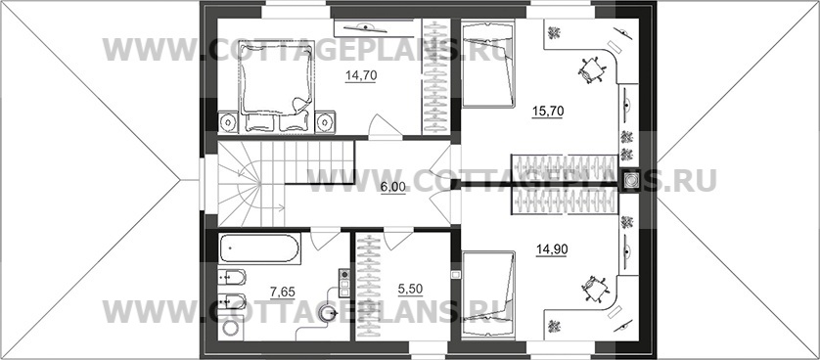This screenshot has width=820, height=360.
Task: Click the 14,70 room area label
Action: (361, 75)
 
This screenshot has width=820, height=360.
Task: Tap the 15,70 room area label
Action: (548, 112)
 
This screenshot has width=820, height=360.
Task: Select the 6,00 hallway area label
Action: (393, 187)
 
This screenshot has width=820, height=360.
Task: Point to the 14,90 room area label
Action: (552, 248)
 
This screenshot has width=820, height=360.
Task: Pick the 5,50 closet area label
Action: (410, 289)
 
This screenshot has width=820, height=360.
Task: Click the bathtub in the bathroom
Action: (259, 248)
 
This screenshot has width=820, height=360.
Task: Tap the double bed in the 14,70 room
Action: (277, 86)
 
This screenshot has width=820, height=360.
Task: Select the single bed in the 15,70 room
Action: (487, 64)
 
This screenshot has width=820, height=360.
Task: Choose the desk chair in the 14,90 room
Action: (595, 289)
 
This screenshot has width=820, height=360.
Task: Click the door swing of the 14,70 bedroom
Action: (386, 127)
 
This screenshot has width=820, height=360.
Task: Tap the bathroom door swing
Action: (325, 240)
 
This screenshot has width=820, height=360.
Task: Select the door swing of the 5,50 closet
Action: (398, 240)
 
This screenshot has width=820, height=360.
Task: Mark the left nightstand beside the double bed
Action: (227, 122)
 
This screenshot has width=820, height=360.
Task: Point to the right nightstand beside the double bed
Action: (325, 122)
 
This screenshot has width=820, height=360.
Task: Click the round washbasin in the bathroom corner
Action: (230, 329)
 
